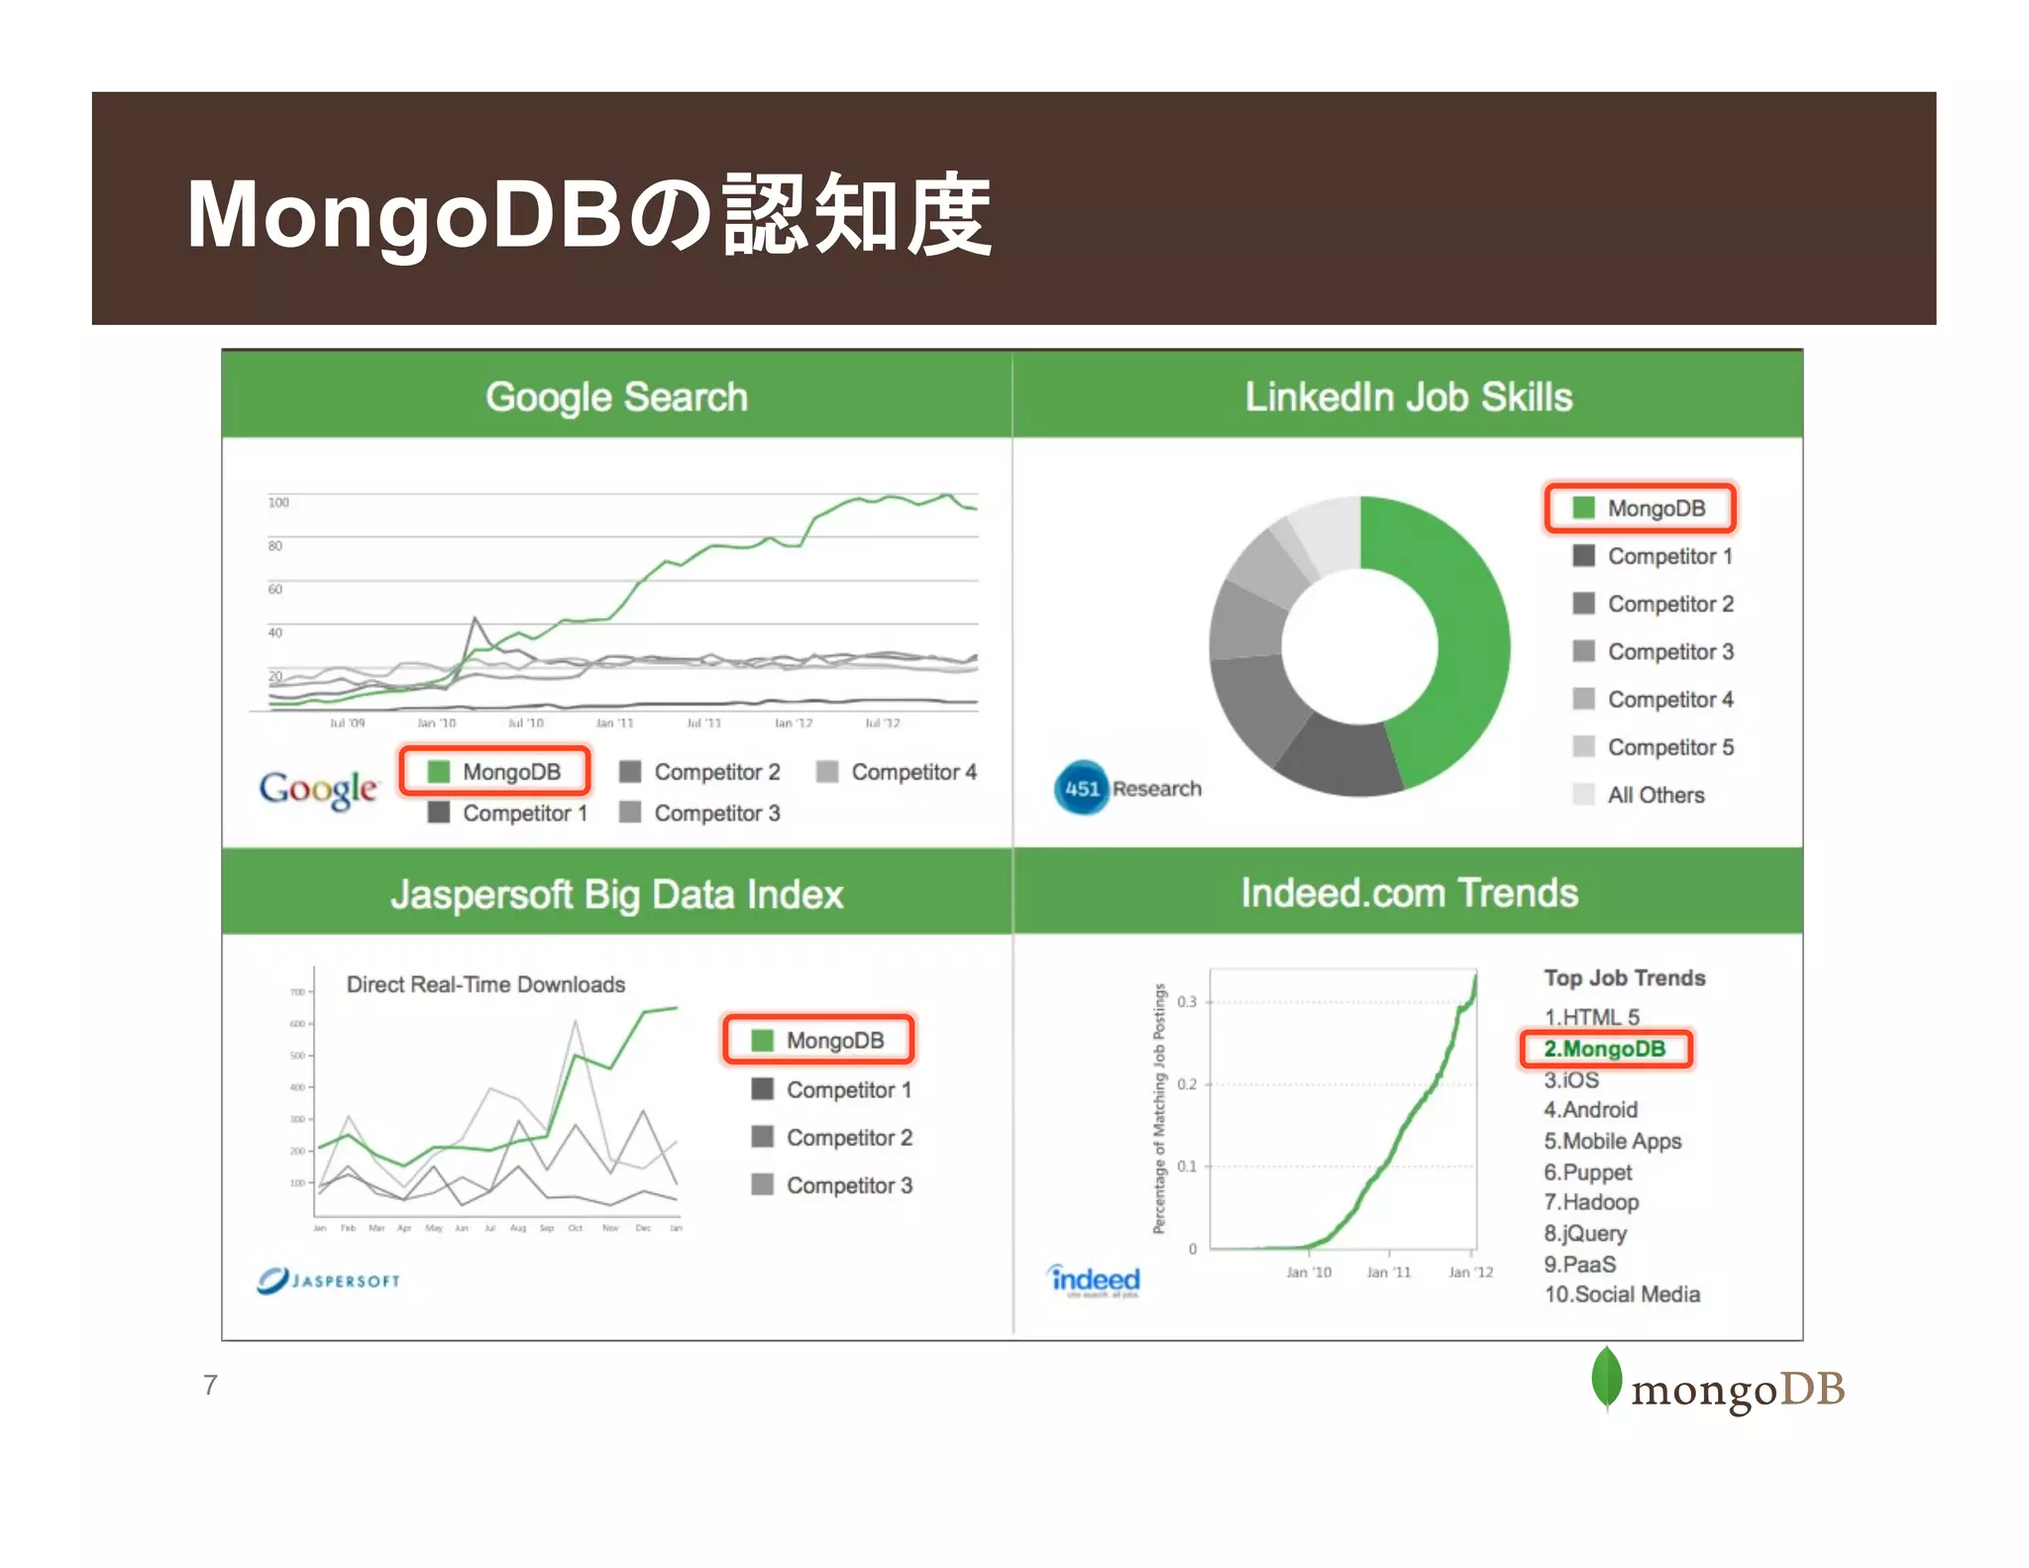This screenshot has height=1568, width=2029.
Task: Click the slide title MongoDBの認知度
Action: pos(588,214)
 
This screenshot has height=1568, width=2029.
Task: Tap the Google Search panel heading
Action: pos(616,396)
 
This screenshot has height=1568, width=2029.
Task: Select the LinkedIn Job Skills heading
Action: pos(1408,396)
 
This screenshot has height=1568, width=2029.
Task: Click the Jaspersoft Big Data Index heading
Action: pos(616,894)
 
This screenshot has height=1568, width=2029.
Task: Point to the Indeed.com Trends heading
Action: pos(1409,893)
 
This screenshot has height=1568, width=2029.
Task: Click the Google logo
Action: pos(318,789)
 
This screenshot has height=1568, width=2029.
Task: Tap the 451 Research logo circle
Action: pos(1081,788)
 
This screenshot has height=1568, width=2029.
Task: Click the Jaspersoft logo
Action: pos(329,1280)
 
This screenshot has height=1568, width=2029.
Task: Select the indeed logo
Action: pos(1095,1280)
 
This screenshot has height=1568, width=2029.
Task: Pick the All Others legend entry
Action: pos(1655,795)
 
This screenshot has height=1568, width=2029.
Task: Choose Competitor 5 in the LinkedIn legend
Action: pos(1669,747)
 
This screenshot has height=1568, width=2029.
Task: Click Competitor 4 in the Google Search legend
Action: pos(912,772)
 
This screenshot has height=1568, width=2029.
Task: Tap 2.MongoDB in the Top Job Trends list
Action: pos(1604,1049)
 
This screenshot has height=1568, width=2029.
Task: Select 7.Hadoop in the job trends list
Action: pos(1591,1202)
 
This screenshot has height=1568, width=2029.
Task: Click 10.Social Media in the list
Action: pos(1622,1294)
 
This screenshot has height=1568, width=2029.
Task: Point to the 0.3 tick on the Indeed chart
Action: pos(1187,1001)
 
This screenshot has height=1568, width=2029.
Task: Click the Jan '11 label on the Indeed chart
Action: pos(1388,1272)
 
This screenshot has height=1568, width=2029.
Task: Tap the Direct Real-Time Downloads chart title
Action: pos(485,984)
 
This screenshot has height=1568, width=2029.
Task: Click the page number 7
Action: pos(210,1385)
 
